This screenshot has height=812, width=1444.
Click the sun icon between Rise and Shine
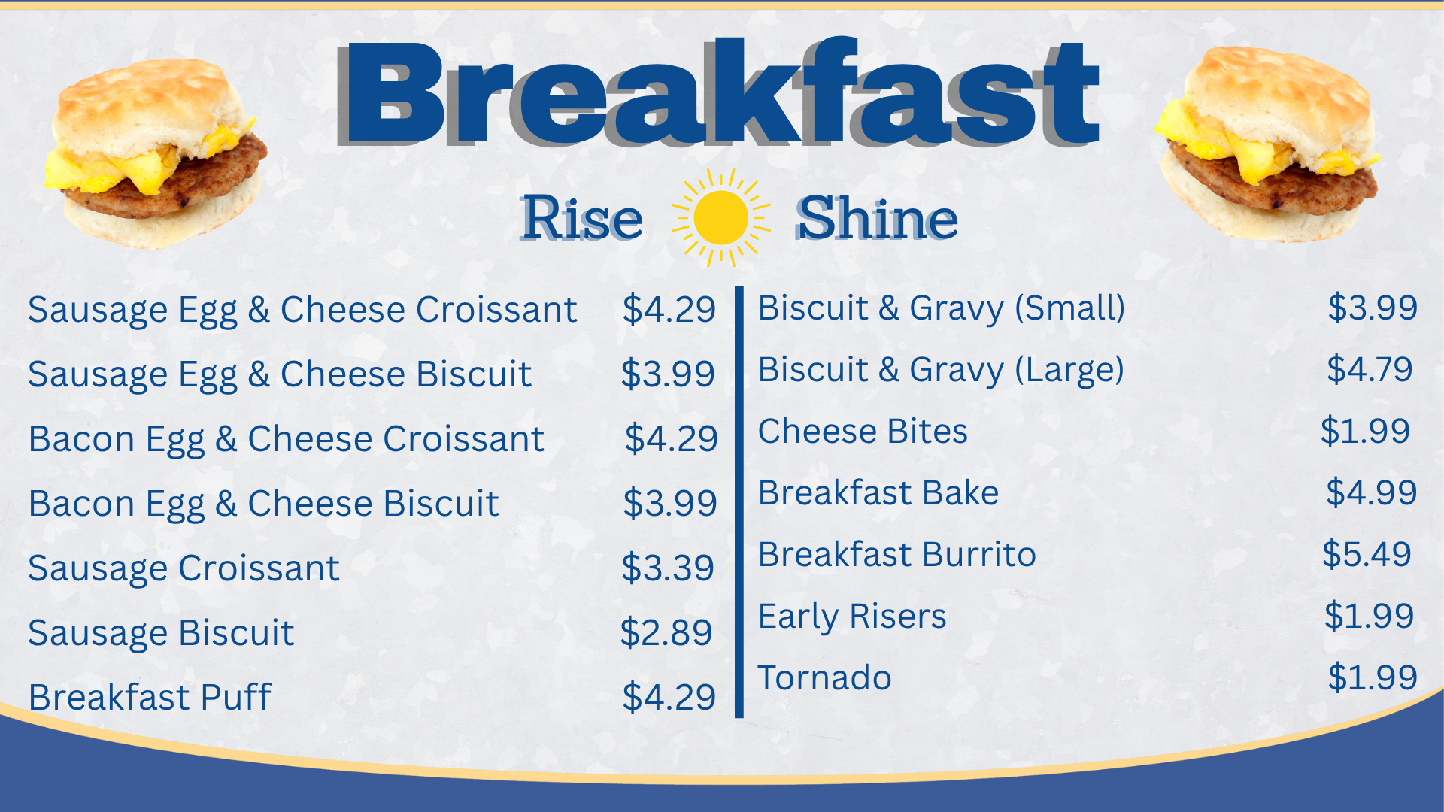pyautogui.click(x=720, y=218)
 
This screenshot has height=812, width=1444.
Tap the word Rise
pyautogui.click(x=582, y=219)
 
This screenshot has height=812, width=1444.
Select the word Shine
pyautogui.click(x=877, y=219)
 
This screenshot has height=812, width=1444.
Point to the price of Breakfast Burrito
pyautogui.click(x=1367, y=554)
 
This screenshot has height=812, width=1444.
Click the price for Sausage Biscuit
pyautogui.click(x=666, y=632)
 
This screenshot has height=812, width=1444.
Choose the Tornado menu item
pyautogui.click(x=824, y=677)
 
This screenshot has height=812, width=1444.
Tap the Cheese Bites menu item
pyautogui.click(x=863, y=432)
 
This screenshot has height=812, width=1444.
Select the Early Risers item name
pyautogui.click(x=851, y=617)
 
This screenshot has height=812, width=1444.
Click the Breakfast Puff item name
pyautogui.click(x=149, y=697)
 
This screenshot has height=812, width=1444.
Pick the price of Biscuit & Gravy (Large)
pyautogui.click(x=1370, y=369)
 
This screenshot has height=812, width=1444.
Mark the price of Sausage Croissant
pyautogui.click(x=668, y=568)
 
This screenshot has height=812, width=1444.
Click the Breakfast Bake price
pyautogui.click(x=1371, y=492)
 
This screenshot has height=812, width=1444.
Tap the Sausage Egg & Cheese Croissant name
pyautogui.click(x=302, y=310)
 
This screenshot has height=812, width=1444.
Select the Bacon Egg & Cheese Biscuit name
pyautogui.click(x=263, y=504)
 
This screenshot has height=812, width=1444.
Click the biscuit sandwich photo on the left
pyautogui.click(x=156, y=154)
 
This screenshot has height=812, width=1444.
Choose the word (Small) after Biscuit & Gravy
pyautogui.click(x=1069, y=308)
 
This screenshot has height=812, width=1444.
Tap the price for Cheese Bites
pyautogui.click(x=1365, y=431)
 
